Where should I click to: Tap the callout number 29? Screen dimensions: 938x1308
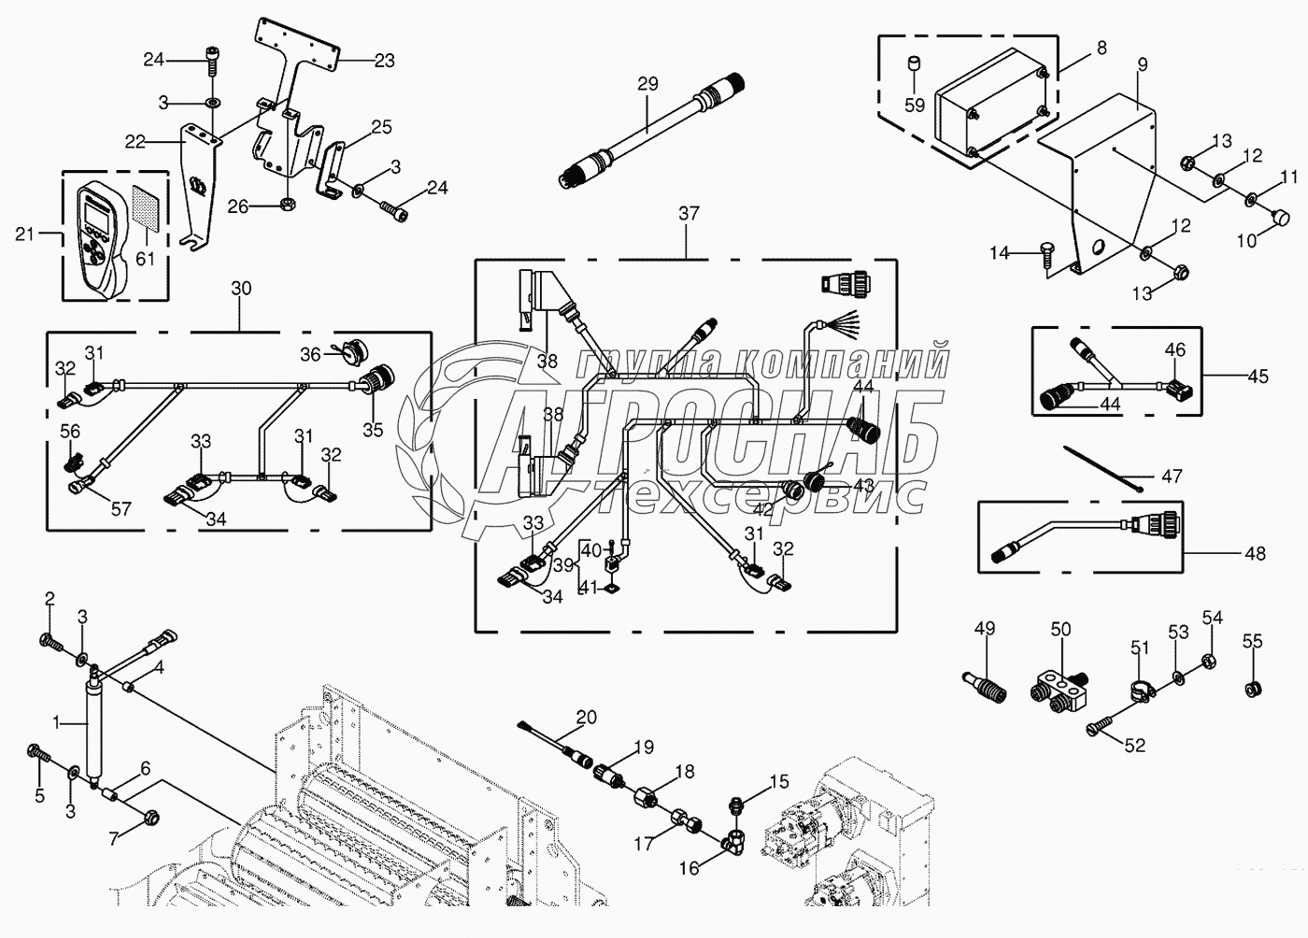click(x=648, y=84)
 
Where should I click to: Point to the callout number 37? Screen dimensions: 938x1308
click(x=688, y=213)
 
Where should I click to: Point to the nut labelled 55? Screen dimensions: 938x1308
click(x=1253, y=689)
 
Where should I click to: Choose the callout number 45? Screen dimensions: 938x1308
click(x=1258, y=377)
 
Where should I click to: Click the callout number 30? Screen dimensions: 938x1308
click(x=241, y=289)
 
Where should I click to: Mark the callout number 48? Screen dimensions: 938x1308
click(x=1256, y=553)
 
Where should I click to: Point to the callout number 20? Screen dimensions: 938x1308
click(x=586, y=717)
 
